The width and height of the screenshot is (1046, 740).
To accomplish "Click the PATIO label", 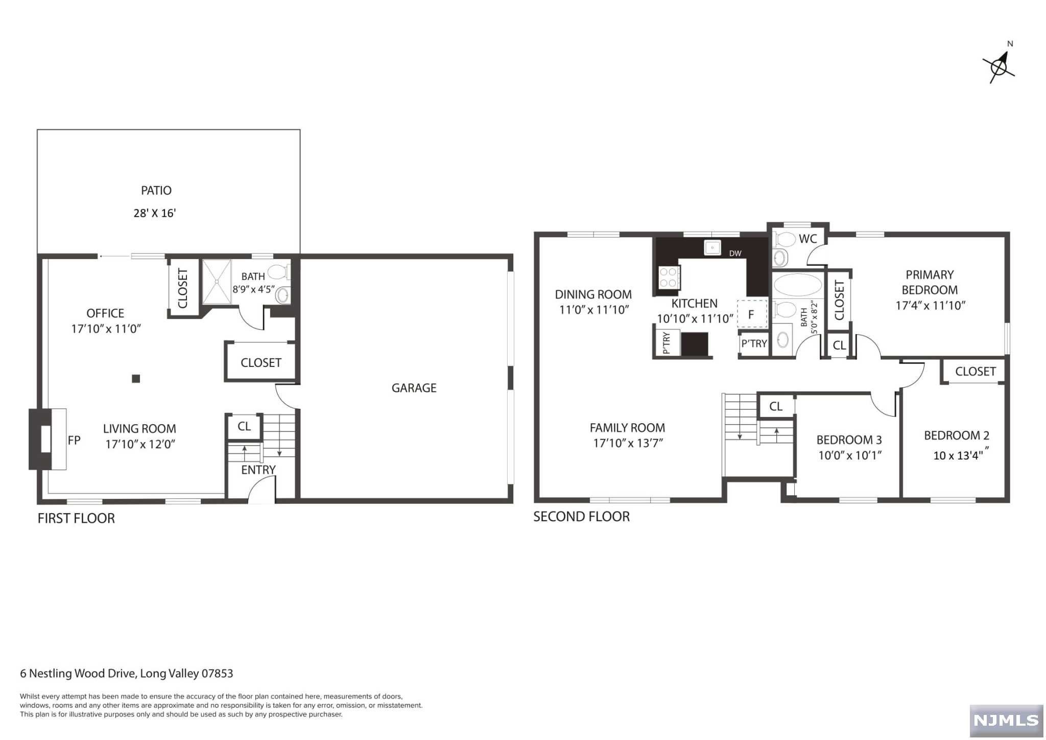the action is click(156, 191).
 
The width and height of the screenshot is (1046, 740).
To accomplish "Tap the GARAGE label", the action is click(414, 388).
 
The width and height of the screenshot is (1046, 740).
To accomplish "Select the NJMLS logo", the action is click(1006, 721).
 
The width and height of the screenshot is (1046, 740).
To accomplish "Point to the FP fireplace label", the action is click(74, 440).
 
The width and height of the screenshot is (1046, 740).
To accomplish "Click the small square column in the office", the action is click(136, 379).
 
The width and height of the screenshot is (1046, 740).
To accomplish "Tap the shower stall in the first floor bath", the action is click(217, 281).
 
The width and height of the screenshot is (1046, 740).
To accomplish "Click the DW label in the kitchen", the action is click(735, 253).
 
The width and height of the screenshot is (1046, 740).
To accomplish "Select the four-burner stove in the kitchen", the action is click(668, 277).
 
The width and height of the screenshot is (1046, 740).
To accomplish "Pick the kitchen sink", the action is click(712, 247).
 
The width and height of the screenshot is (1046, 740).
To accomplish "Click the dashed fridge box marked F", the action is click(752, 314).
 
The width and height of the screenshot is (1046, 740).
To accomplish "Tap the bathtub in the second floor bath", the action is click(797, 285).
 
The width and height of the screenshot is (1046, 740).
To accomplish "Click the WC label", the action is click(807, 239).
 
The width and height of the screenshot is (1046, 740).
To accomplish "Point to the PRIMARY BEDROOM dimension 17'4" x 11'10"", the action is click(930, 306).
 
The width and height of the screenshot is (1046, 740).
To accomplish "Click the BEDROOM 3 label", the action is click(849, 440).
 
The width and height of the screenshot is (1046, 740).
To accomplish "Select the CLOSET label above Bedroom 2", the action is click(975, 372).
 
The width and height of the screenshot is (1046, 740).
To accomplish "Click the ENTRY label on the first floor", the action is click(258, 470).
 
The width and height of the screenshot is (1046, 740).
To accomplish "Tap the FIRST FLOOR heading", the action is click(76, 518).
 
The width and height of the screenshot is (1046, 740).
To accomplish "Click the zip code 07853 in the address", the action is click(217, 674).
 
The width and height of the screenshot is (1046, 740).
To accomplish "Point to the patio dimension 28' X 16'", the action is click(155, 213).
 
